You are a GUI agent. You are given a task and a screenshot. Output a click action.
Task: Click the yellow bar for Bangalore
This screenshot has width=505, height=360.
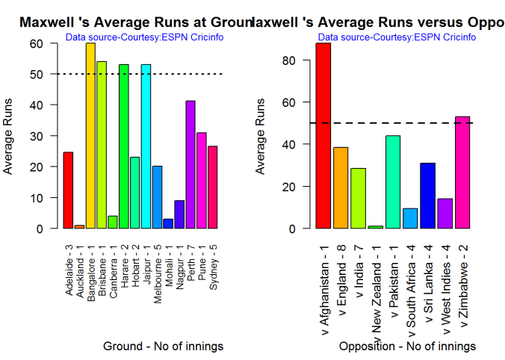[90, 136]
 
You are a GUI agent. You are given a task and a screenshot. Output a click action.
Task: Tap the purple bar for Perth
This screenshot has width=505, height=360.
[190, 164]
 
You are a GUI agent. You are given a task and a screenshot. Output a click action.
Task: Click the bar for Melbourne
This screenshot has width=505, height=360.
[157, 197]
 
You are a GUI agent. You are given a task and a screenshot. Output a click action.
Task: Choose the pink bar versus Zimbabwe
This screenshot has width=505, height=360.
[462, 173]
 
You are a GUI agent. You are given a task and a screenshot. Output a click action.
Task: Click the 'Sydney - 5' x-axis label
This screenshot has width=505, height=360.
[214, 265]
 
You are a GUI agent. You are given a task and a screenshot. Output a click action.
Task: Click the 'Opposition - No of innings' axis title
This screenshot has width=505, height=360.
[407, 347]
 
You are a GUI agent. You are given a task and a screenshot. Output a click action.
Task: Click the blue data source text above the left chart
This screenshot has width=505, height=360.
[144, 37]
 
